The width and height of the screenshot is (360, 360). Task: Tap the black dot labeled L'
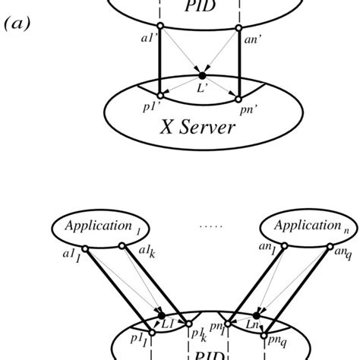point(201,75)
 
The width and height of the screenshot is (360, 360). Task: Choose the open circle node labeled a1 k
point(122,245)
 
